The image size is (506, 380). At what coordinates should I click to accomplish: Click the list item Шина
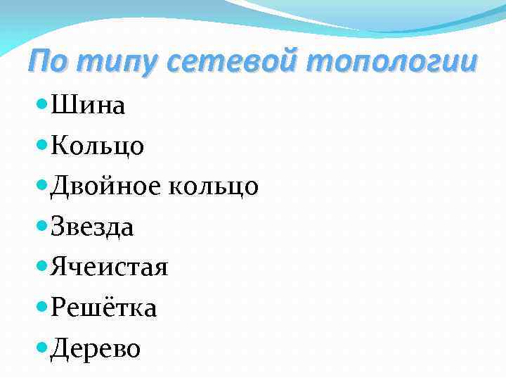(87, 106)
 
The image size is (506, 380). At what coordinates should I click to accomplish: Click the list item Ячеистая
(108, 267)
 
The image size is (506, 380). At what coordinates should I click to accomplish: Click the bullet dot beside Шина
(41, 104)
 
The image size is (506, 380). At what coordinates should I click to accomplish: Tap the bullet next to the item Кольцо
(41, 144)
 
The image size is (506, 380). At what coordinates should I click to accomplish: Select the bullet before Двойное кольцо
(41, 185)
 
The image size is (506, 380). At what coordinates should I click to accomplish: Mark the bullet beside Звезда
(41, 225)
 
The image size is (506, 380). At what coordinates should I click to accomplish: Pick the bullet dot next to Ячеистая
(41, 266)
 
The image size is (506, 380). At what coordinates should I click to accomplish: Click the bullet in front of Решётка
(41, 306)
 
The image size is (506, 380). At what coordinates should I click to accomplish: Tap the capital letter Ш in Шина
(60, 106)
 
